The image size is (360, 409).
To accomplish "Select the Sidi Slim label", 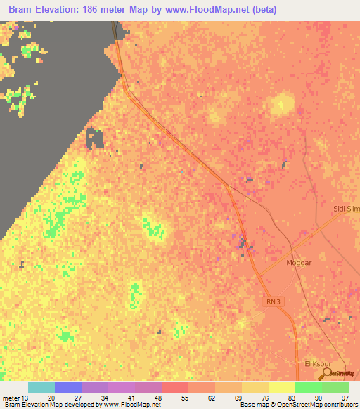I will coord(346,209).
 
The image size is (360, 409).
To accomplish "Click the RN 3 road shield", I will coord(274,301).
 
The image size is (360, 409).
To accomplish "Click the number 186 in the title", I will coord(93,9).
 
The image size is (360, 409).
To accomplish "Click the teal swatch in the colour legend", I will coord(41,388).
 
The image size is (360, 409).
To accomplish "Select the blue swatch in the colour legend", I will coord(68,388).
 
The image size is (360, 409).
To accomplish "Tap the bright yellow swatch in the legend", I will coord(281,388).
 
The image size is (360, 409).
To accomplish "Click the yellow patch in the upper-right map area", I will coord(282,104).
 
